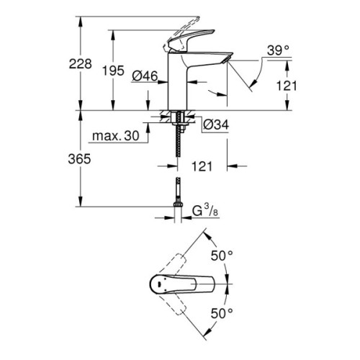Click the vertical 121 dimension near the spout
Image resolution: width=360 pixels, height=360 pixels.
pyautogui.click(x=287, y=86)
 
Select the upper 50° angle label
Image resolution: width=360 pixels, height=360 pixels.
pyautogui.click(x=222, y=256)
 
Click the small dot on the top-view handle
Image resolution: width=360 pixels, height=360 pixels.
pyautogui.click(x=159, y=284)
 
